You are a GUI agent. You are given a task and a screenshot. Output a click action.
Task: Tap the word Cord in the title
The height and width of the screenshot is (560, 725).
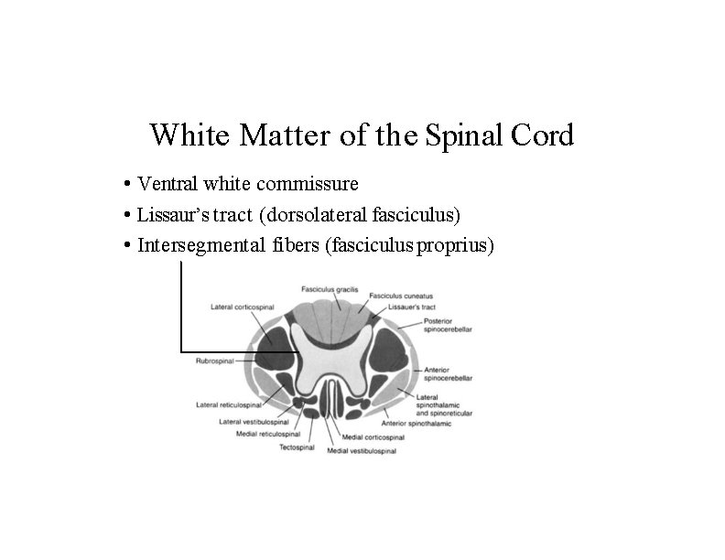[x=546, y=135]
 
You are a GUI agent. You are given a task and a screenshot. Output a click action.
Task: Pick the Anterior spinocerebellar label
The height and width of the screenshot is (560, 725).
[x=448, y=373]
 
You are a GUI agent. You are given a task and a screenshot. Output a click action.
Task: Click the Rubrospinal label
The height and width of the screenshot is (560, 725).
[x=215, y=361]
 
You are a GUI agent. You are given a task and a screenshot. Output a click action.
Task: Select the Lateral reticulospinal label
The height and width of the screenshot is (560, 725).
[x=229, y=404]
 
